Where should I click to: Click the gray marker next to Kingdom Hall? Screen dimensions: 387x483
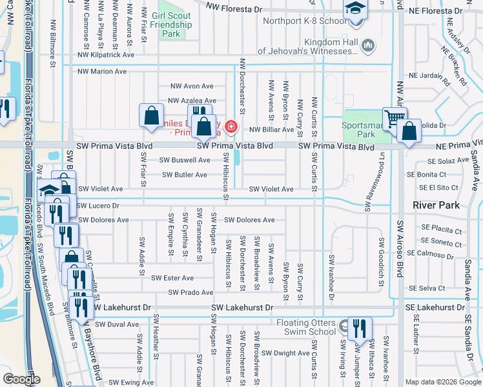[369, 45]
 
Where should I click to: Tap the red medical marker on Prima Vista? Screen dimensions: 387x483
[230, 126]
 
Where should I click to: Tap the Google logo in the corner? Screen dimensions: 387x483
[22, 379]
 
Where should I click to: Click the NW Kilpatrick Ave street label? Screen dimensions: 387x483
[106, 55]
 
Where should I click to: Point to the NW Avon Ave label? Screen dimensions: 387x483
[191, 86]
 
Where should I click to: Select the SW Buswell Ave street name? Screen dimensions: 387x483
[185, 160]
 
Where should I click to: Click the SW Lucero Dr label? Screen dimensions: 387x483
[98, 206]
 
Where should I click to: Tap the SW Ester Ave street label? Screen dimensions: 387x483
[172, 278]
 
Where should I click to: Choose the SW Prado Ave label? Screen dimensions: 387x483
[190, 293]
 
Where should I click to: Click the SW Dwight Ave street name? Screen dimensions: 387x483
[287, 353]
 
